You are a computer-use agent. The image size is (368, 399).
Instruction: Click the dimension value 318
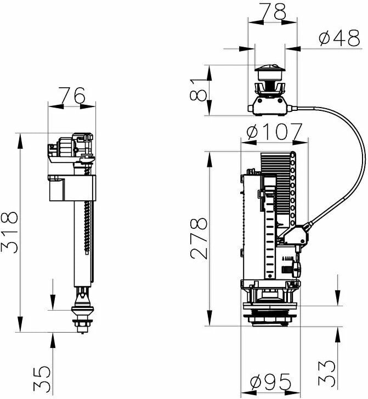tap(10, 232)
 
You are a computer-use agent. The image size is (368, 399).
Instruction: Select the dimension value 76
tap(71, 94)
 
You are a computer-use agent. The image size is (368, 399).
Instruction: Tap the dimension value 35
tap(42, 379)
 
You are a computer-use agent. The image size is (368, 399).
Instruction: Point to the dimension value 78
tap(272, 12)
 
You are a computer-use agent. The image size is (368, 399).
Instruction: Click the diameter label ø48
tap(339, 38)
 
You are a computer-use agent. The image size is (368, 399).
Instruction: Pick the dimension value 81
tap(199, 90)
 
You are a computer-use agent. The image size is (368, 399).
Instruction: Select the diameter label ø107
tap(275, 132)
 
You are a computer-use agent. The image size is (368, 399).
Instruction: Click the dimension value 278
tap(199, 238)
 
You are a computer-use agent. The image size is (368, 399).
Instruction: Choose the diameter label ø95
tap(270, 382)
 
